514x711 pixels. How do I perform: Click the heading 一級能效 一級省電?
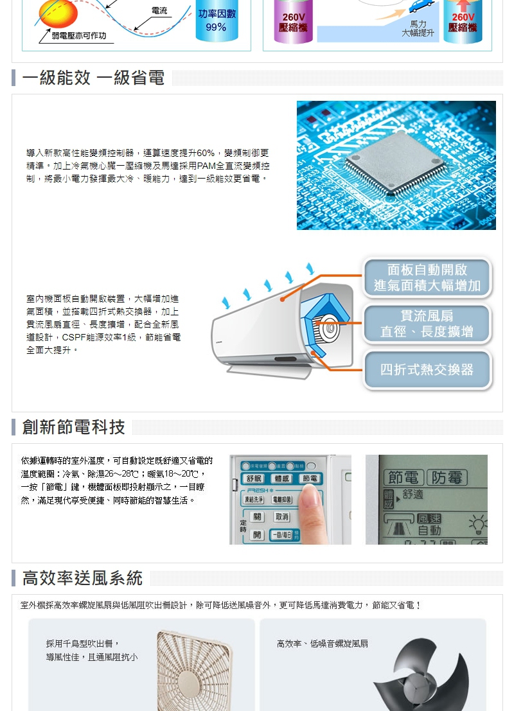pyautogui.click(x=93, y=78)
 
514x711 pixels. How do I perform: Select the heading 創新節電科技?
pyautogui.click(x=73, y=427)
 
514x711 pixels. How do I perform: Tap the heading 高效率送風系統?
pyautogui.click(x=82, y=578)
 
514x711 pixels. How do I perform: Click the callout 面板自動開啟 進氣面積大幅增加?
pyautogui.click(x=427, y=277)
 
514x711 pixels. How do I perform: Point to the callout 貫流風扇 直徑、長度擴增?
pyautogui.click(x=427, y=324)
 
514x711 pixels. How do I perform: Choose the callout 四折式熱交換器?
pyautogui.click(x=427, y=369)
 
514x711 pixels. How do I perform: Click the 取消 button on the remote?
pyautogui.click(x=281, y=517)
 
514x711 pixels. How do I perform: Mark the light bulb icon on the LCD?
pyautogui.click(x=478, y=524)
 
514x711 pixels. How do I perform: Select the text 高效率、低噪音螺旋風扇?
pyautogui.click(x=323, y=644)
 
